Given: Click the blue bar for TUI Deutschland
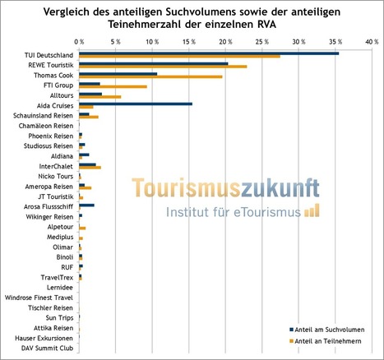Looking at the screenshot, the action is pos(209,53).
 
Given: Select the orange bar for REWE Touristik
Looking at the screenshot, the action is pos(163,67).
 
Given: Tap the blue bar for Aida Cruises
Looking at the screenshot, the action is pos(136,104).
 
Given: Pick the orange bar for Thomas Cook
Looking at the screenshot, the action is pos(150,76).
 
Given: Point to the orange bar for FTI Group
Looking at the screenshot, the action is pos(113,87).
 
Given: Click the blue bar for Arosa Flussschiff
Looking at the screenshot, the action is pos(86,205).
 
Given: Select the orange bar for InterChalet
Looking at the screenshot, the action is pos(90,168).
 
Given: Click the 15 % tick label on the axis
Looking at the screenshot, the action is pos(189,42).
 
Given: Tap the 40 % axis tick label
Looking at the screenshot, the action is pos(372,42).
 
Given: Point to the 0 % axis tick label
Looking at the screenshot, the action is pos(79,42).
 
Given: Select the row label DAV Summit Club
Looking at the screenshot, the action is pos(48,348).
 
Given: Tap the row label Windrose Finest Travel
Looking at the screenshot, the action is pos(39,298).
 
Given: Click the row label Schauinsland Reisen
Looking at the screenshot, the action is pos(43,116).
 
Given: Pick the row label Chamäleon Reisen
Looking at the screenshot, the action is pos(46,126).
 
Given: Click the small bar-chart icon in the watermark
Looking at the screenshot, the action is pos(312,210).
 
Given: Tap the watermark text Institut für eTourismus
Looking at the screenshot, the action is pos(234,212).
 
